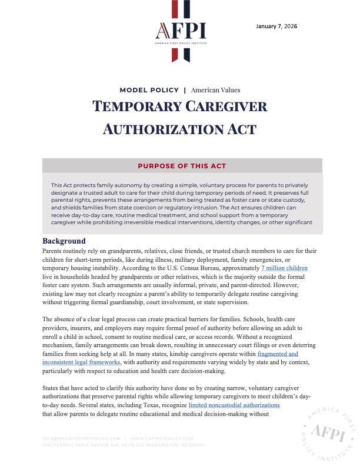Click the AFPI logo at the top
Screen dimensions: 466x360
pyautogui.click(x=180, y=32)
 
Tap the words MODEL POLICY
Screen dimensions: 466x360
pyautogui.click(x=149, y=90)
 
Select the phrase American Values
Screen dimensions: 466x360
pyautogui.click(x=215, y=90)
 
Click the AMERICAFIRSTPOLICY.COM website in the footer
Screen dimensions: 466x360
pyautogui.click(x=162, y=438)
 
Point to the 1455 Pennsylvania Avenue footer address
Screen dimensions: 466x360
pyautogui.click(x=123, y=445)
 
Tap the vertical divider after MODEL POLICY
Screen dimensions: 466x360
pyautogui.click(x=185, y=90)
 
